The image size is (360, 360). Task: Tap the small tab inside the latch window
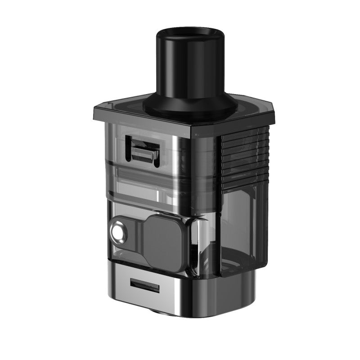(144, 153)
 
